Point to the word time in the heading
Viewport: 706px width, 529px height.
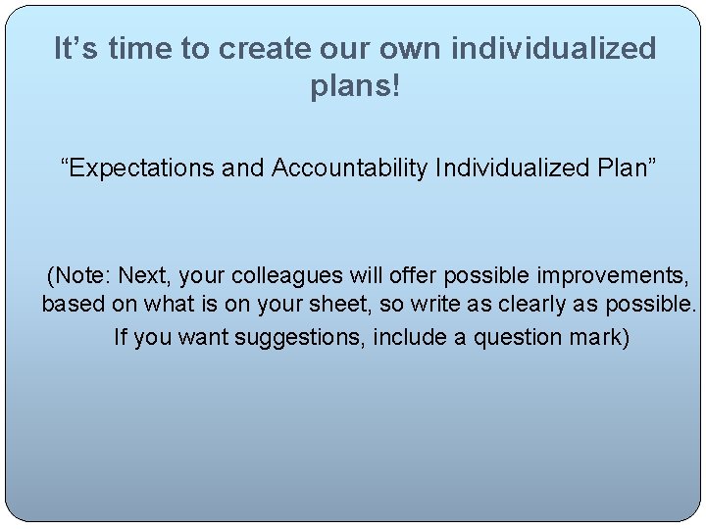tap(141, 48)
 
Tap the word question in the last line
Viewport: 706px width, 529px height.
tap(519, 338)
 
